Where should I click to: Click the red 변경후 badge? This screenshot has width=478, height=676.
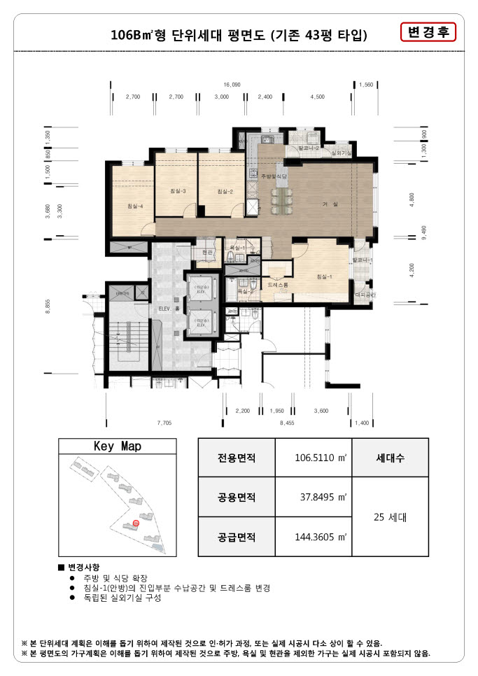[428, 32]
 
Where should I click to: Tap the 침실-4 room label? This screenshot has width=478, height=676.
[135, 206]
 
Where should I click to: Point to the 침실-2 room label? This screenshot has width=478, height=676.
[225, 191]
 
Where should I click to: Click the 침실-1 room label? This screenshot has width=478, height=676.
[324, 276]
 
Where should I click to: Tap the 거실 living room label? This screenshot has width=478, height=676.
[330, 204]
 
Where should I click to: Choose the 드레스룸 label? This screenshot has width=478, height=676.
[278, 286]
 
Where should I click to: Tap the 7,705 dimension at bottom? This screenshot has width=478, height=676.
[164, 422]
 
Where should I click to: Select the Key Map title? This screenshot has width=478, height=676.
[117, 446]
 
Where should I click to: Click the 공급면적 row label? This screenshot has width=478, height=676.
[237, 537]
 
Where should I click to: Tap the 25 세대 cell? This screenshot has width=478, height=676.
[389, 518]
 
